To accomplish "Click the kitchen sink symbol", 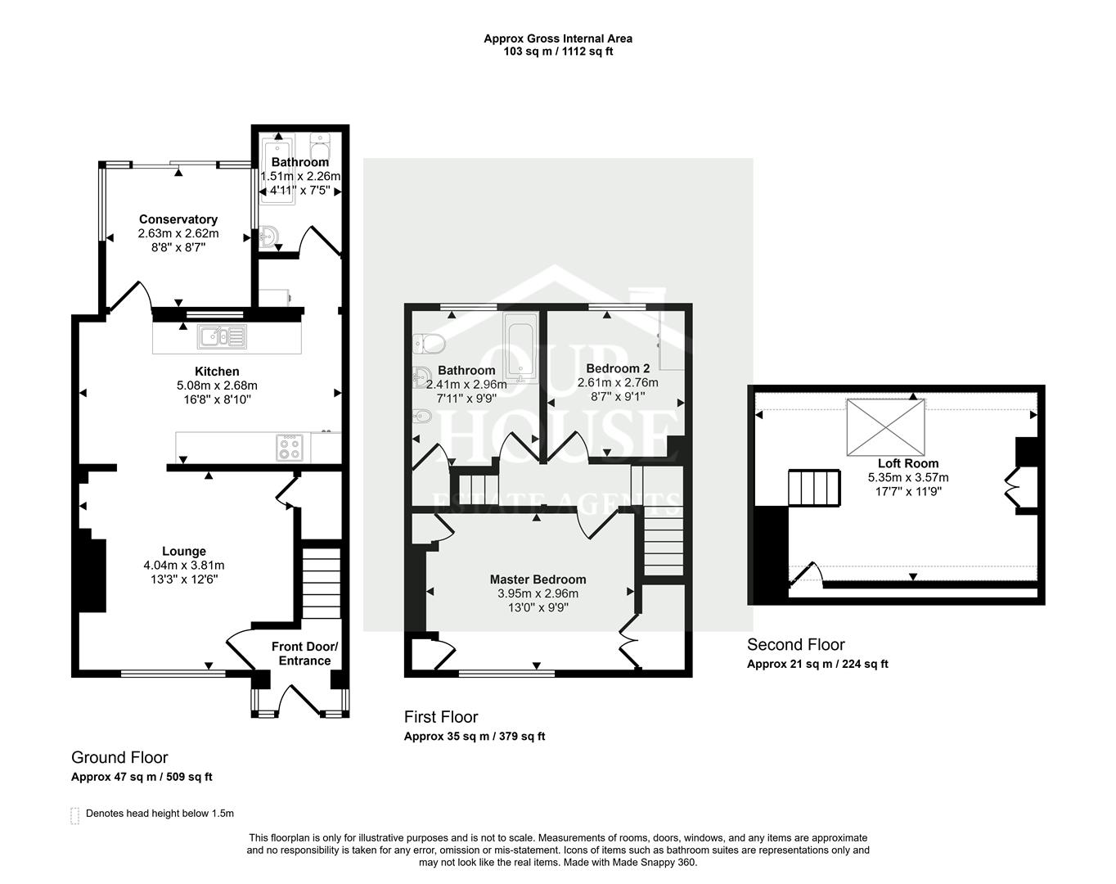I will point(221,336).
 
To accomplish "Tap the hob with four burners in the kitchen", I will point(290,446).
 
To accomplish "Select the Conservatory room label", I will point(178,219).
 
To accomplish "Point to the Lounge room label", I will point(184,552).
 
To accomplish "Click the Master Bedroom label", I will point(538,580).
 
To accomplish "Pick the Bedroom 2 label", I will point(618,368).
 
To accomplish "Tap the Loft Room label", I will point(908,463).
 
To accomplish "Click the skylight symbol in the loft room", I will point(885,427).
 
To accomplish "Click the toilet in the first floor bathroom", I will point(428,341).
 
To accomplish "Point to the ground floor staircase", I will point(321,583).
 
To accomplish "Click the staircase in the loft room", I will point(814,489).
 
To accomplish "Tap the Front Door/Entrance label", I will point(304,654).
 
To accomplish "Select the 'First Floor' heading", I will point(441,717).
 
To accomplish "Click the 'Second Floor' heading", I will point(795,645).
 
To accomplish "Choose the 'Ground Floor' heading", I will point(119,757).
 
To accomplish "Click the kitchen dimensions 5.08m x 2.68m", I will point(217,386).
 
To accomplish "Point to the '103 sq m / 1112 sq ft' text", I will point(558,52).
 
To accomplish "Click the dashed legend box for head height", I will point(75,815).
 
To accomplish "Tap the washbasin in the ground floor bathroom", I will point(269,238).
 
